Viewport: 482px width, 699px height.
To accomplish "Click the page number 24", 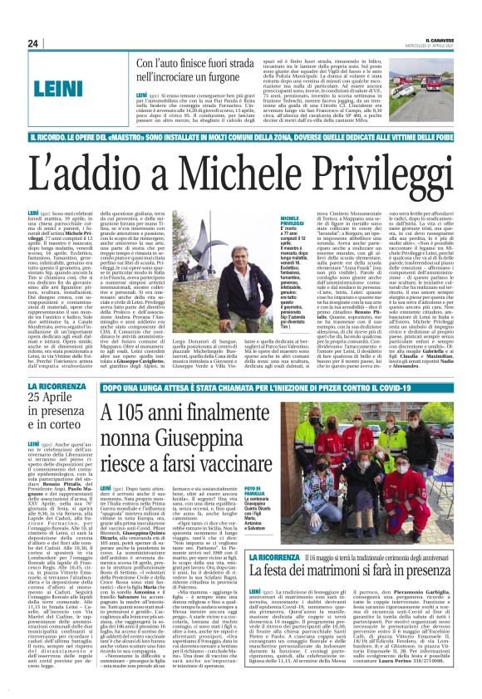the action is pyautogui.click(x=32, y=43).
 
